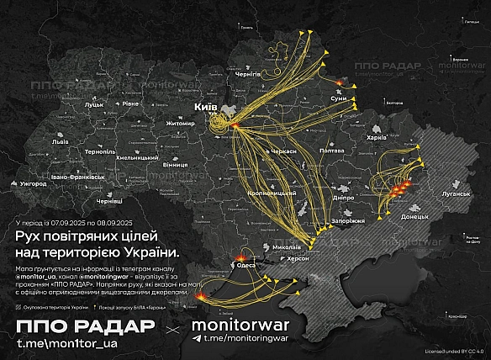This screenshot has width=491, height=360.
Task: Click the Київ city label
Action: coord(206,109)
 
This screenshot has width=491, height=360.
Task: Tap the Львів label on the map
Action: coord(61,142)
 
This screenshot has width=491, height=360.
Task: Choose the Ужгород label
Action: coord(32,182)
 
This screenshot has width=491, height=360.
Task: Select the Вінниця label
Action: coord(176,165)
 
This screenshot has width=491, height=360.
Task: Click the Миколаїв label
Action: coord(287,246)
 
